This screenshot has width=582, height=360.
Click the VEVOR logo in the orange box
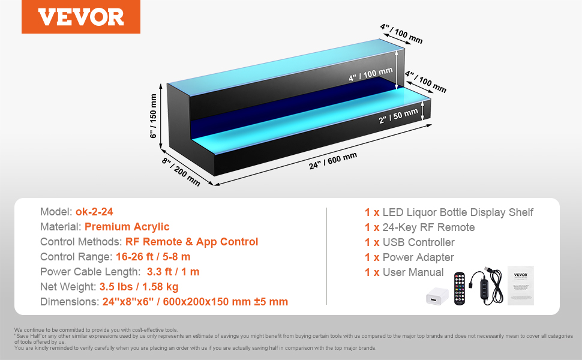81,17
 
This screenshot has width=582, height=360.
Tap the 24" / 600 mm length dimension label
333,161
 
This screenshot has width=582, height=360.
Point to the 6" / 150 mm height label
153,116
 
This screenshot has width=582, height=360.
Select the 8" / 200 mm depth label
181,172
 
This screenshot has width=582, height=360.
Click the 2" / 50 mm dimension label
398,116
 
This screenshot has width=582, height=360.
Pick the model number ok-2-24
94,212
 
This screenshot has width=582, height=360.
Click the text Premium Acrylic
127,227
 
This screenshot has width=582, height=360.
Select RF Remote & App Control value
191,242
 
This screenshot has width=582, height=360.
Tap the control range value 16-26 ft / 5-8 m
153,257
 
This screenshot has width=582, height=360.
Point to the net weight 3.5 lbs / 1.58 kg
139,287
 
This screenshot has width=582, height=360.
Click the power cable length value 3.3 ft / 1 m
173,272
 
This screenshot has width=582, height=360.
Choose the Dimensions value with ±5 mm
195,302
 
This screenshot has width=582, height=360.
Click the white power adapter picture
437,296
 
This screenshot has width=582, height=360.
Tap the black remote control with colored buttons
460,289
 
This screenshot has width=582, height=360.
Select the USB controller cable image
487,286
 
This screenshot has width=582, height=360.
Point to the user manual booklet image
520,286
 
